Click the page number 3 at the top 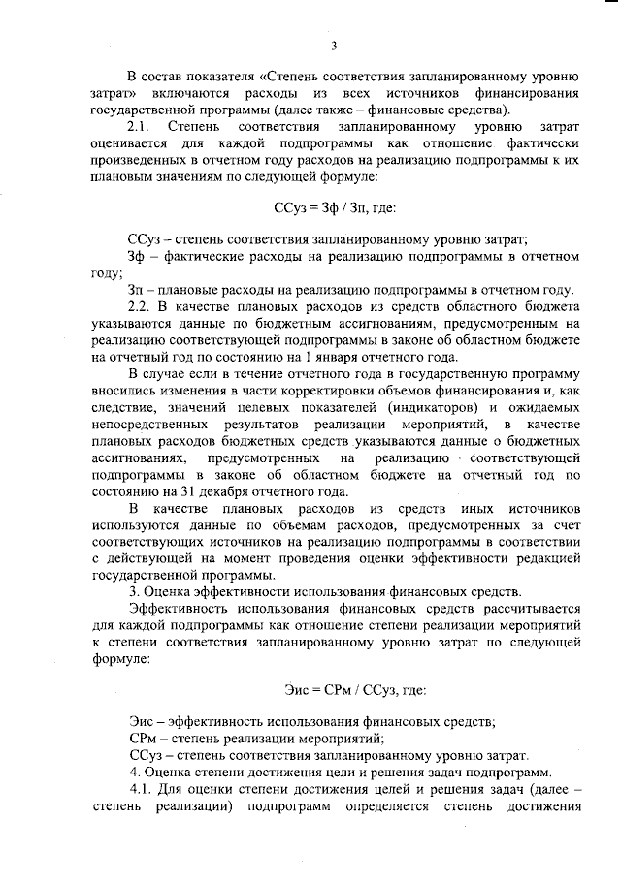(x=333, y=45)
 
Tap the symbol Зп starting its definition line (x=137, y=290)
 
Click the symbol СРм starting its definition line (x=143, y=737)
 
